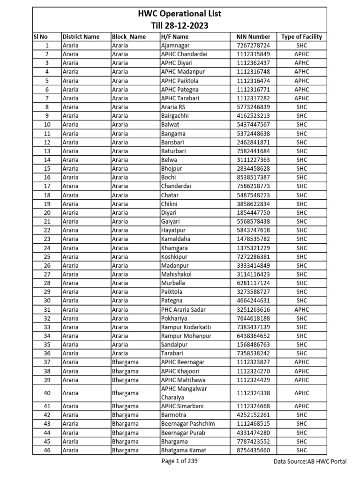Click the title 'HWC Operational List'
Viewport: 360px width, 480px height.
point(180,14)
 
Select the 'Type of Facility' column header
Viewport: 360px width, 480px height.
point(301,37)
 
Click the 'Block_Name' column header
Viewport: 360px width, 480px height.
point(129,37)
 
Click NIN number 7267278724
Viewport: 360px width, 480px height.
point(254,45)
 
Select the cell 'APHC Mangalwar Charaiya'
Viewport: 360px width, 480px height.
point(184,393)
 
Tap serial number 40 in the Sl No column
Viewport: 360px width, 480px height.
point(47,393)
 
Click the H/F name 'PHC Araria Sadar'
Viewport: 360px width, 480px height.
point(183,309)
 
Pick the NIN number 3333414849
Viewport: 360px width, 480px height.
point(254,265)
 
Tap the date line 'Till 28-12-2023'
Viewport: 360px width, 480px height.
point(180,25)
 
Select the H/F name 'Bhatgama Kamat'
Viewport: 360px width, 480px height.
point(183,450)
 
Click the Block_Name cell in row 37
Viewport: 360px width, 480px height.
point(125,362)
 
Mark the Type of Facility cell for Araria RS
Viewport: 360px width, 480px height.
point(301,107)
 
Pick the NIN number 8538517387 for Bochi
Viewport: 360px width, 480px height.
point(254,177)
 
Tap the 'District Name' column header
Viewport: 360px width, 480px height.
point(81,37)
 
